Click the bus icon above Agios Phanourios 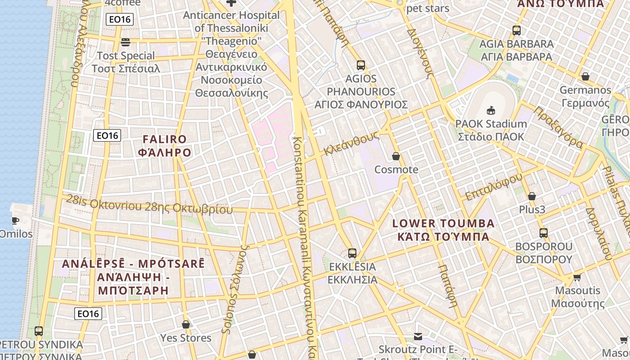[x=360, y=65]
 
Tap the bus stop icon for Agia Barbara [x=516, y=31]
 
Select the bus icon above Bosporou [x=544, y=233]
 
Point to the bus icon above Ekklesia [x=352, y=253]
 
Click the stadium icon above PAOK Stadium [x=490, y=110]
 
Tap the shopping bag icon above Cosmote [x=396, y=156]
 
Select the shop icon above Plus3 [x=532, y=196]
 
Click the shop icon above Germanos [x=585, y=76]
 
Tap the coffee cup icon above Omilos [x=15, y=220]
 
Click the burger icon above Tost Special [x=126, y=42]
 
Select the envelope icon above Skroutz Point [x=418, y=336]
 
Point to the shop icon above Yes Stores [x=185, y=324]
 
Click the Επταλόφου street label [x=494, y=186]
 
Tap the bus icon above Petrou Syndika [x=39, y=331]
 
